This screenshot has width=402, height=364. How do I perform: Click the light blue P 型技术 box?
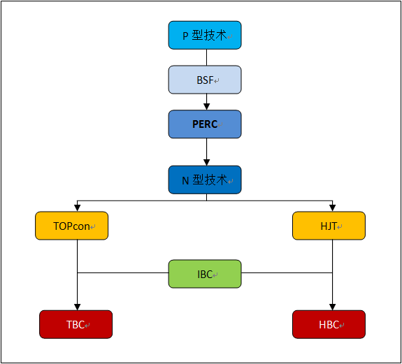[x=205, y=35]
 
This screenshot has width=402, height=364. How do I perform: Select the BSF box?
[x=205, y=80]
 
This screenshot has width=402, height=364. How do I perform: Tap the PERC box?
[x=205, y=124]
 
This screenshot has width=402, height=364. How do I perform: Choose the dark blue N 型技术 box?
[x=205, y=180]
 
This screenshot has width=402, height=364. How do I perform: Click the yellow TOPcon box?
[x=72, y=226]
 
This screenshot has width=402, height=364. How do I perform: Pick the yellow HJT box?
[x=329, y=226]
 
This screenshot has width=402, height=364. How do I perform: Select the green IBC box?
[x=205, y=274]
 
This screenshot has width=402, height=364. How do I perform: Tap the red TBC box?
[x=76, y=324]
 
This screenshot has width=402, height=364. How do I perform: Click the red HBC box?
[x=329, y=324]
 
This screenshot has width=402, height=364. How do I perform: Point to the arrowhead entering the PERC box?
[x=207, y=107]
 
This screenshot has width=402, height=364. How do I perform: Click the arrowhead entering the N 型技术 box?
[x=207, y=162]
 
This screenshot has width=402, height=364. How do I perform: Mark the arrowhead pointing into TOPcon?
[x=77, y=208]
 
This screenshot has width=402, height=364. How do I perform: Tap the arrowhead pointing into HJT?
[x=333, y=208]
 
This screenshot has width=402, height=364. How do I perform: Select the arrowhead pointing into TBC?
[x=77, y=307]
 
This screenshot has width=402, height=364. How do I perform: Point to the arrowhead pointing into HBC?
[x=333, y=307]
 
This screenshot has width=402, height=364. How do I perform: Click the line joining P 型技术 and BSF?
[x=207, y=57]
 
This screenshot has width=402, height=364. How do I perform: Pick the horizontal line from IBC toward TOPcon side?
[x=123, y=272]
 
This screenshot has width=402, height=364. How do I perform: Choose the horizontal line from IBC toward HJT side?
[x=287, y=272]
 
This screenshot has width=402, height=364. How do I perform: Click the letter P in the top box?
[x=185, y=36]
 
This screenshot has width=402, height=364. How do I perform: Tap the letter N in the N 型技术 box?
[x=185, y=181]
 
